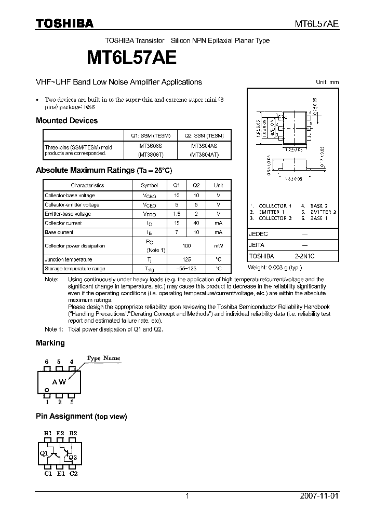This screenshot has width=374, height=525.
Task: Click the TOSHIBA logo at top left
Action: point(64,24)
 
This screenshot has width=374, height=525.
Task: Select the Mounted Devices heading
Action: point(66,120)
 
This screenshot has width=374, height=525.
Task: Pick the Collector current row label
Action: point(63,223)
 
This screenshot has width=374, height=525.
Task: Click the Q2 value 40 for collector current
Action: point(196,223)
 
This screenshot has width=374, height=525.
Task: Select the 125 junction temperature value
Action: point(186,259)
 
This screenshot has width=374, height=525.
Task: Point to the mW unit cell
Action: point(219,246)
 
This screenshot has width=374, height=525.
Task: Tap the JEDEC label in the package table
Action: point(259,234)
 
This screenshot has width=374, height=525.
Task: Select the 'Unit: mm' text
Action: point(327,82)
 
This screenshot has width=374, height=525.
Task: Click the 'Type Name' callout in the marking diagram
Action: point(103,358)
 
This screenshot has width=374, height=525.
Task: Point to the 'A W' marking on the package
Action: point(58,382)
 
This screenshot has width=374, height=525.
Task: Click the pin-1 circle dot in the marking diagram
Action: point(47,390)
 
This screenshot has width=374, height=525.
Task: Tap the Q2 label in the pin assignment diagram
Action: point(73,458)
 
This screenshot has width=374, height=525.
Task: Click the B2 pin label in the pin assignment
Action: point(73,433)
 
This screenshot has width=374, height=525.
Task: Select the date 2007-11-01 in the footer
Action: point(319,496)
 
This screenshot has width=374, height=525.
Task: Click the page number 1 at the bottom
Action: point(186,496)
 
